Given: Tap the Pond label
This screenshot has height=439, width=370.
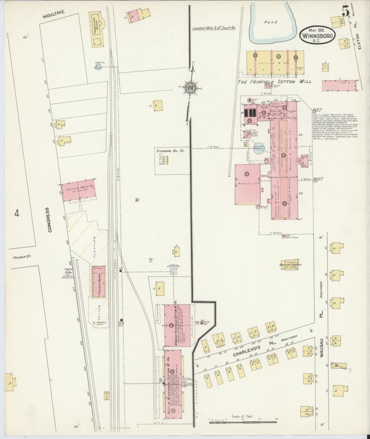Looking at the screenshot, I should point(271,22).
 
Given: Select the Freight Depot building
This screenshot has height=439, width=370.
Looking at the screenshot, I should point(99,281).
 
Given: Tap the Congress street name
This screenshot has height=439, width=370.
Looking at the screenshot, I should point(50,220).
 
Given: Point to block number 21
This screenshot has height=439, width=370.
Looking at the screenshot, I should point(137,201).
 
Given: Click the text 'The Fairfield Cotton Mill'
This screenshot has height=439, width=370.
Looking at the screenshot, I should point(274,82).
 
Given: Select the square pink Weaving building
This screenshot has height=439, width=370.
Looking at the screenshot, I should point(248,184).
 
